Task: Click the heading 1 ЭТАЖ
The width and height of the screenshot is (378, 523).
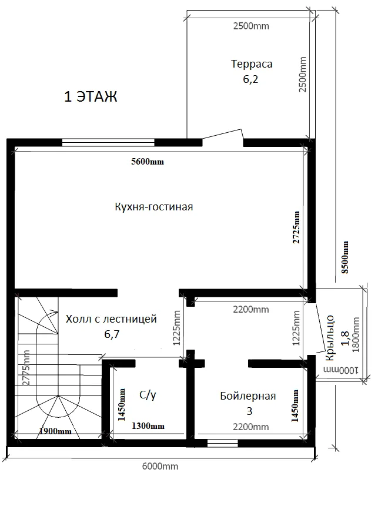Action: click(91, 97)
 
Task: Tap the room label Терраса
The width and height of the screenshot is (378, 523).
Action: click(252, 63)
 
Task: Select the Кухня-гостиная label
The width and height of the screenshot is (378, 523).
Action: click(154, 207)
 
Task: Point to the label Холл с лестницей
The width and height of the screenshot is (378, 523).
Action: click(111, 319)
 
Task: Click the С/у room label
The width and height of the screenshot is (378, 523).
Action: click(148, 395)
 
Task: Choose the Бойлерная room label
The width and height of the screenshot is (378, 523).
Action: click(248, 396)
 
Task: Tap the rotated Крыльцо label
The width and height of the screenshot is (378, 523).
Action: click(330, 337)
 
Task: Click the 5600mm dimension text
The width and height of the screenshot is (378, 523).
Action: click(148, 162)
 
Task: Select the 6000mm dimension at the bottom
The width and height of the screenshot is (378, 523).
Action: click(160, 466)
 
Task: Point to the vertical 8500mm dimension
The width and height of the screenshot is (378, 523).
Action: click(345, 257)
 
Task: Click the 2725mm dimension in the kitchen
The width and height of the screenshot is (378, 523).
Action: click(296, 227)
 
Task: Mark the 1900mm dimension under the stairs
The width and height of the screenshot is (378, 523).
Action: click(55, 431)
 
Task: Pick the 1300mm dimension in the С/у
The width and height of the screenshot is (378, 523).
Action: click(148, 426)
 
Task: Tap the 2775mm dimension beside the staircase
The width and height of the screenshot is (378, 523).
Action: click(26, 367)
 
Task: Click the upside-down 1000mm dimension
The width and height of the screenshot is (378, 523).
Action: click(340, 370)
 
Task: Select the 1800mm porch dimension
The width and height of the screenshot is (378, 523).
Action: click(356, 334)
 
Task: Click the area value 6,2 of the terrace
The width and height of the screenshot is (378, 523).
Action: click(250, 79)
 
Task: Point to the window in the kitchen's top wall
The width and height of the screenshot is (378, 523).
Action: click(108, 143)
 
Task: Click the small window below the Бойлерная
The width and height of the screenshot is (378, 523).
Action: click(223, 443)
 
